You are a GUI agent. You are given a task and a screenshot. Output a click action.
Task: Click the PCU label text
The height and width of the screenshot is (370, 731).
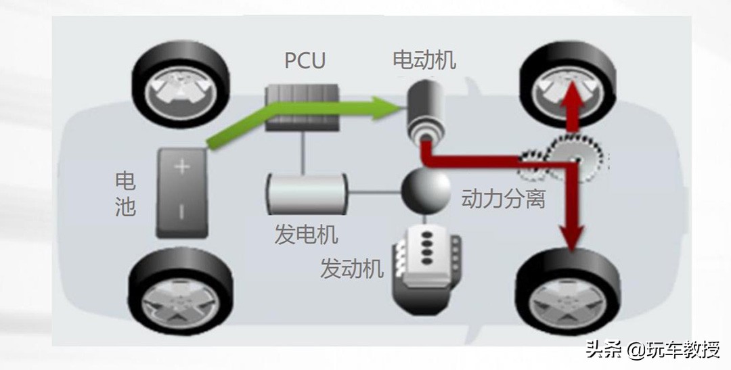click(305, 60)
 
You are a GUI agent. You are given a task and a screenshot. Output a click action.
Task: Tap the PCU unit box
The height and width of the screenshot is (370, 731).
click(303, 108)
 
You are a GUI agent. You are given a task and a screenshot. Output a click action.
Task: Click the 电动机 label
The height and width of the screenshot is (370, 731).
click(424, 60)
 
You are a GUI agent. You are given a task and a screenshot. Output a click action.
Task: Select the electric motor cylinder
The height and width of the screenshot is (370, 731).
click(424, 109)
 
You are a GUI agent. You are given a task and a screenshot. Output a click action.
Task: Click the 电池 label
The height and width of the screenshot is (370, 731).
click(125, 193)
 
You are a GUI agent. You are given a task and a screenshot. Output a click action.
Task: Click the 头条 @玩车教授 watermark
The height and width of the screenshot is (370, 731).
click(652, 350)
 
